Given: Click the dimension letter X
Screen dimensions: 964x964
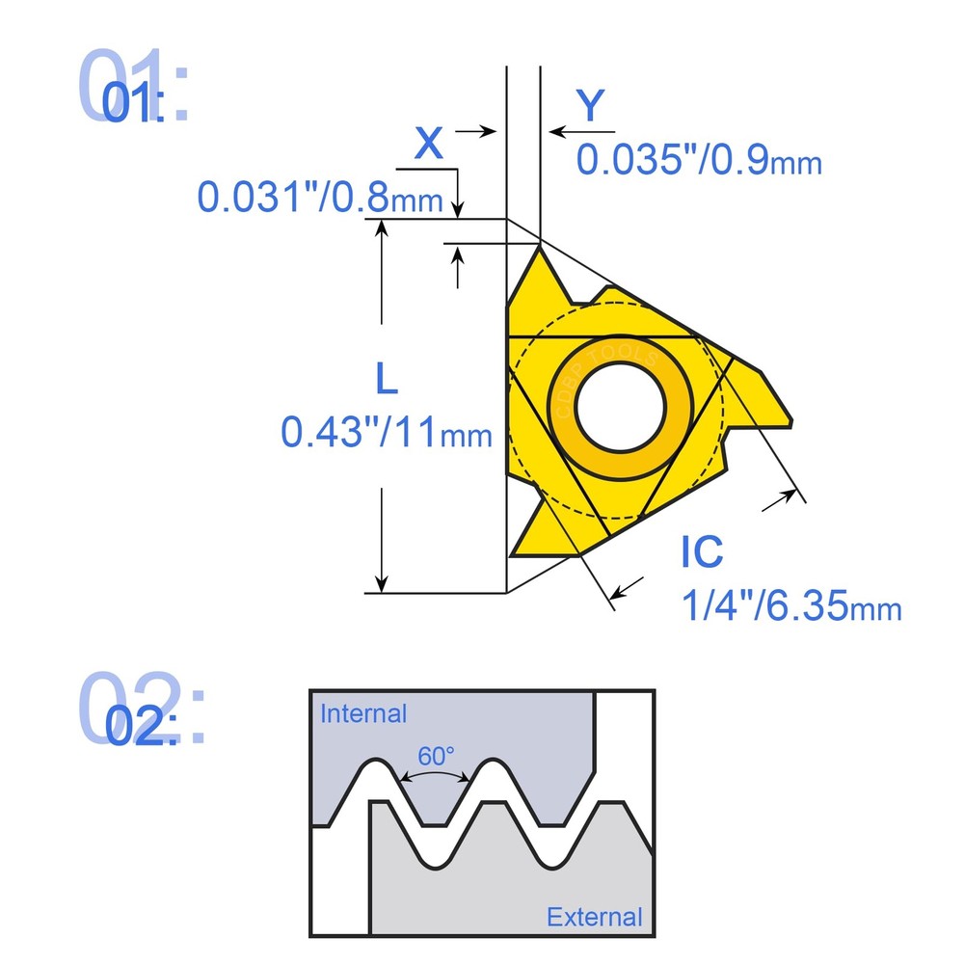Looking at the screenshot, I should [x=429, y=144].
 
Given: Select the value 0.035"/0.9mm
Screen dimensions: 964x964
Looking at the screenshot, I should [x=699, y=159].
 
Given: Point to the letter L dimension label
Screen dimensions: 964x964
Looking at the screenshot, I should [x=386, y=380].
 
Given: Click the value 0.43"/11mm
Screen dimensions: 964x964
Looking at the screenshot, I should [x=387, y=432].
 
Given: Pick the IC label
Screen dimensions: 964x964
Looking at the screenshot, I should [x=702, y=551].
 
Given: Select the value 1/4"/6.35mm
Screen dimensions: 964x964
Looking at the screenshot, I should [x=791, y=606].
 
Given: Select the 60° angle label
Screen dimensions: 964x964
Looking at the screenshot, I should [x=437, y=756].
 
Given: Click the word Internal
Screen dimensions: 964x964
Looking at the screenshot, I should [x=363, y=714].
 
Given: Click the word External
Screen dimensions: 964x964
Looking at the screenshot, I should [x=594, y=917].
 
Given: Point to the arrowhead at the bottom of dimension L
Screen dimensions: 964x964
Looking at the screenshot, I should [x=383, y=582].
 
